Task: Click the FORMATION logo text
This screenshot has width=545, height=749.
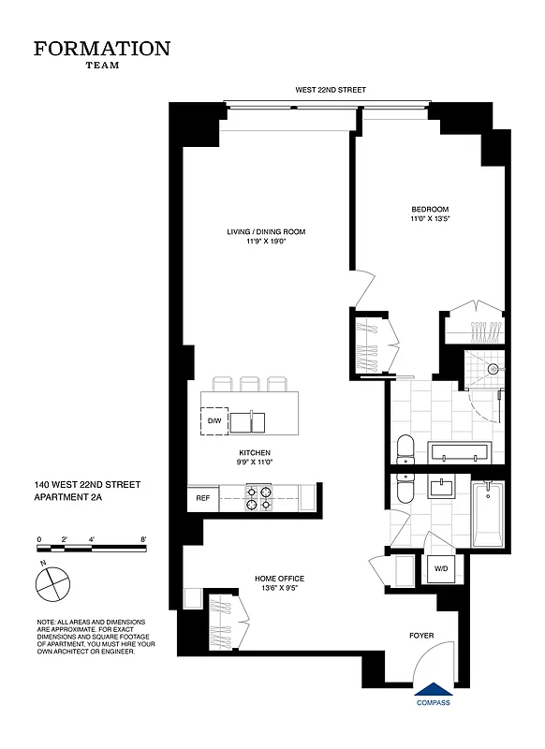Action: point(102,49)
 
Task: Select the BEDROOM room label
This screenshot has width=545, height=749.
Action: point(430,209)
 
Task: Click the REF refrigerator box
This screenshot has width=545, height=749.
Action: point(202,499)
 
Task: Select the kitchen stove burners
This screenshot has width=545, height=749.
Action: point(258,498)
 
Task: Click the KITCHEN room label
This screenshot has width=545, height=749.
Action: point(254,453)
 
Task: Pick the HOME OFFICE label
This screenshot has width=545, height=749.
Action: point(279,579)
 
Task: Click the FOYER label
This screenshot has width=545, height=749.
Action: point(421,636)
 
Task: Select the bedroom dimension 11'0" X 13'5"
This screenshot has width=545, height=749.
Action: point(430,218)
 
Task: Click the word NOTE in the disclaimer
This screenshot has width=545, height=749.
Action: point(47,622)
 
